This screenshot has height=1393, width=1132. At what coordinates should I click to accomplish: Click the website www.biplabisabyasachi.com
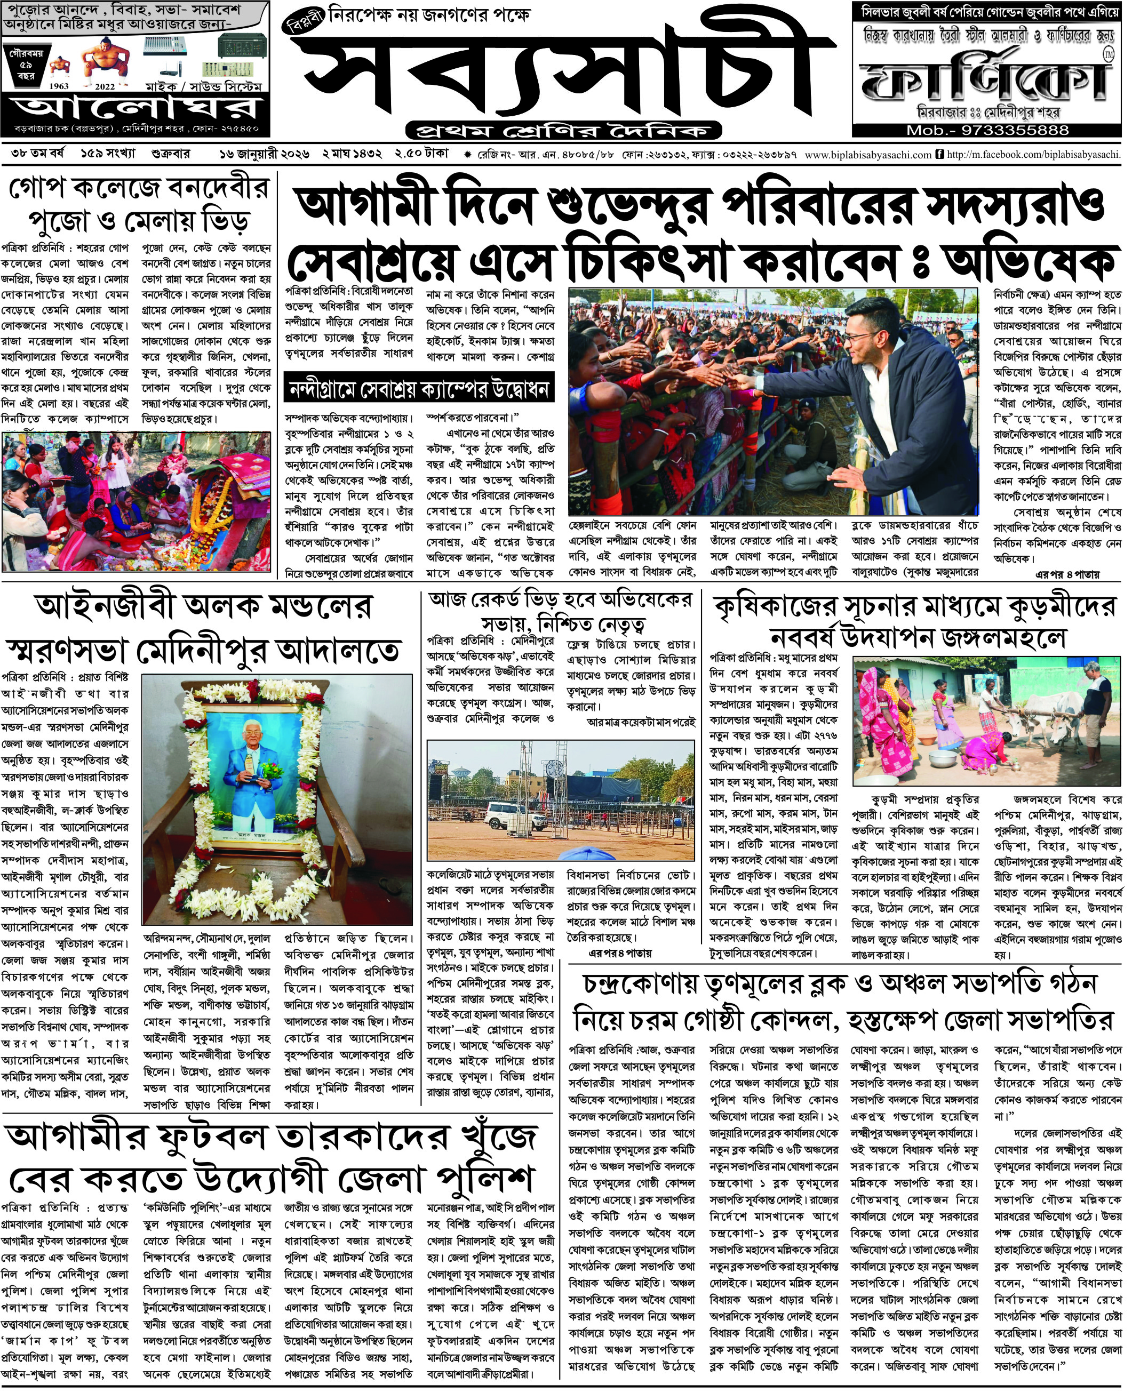pos(868,155)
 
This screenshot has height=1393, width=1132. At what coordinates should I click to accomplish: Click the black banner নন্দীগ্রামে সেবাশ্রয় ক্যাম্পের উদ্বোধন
pos(419,389)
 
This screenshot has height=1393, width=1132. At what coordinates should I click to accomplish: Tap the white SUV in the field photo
pos(507,815)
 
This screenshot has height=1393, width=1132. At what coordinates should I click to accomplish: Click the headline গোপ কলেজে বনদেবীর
pos(138,188)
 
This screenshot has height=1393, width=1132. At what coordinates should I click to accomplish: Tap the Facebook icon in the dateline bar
pos(939,155)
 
